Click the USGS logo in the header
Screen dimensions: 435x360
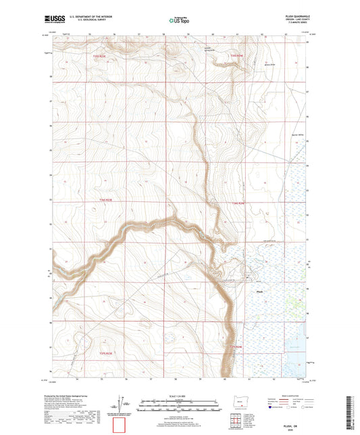[x=52, y=20]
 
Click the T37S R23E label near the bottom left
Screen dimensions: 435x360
[x=109, y=353]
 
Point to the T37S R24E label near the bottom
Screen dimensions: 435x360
[x=234, y=347]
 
